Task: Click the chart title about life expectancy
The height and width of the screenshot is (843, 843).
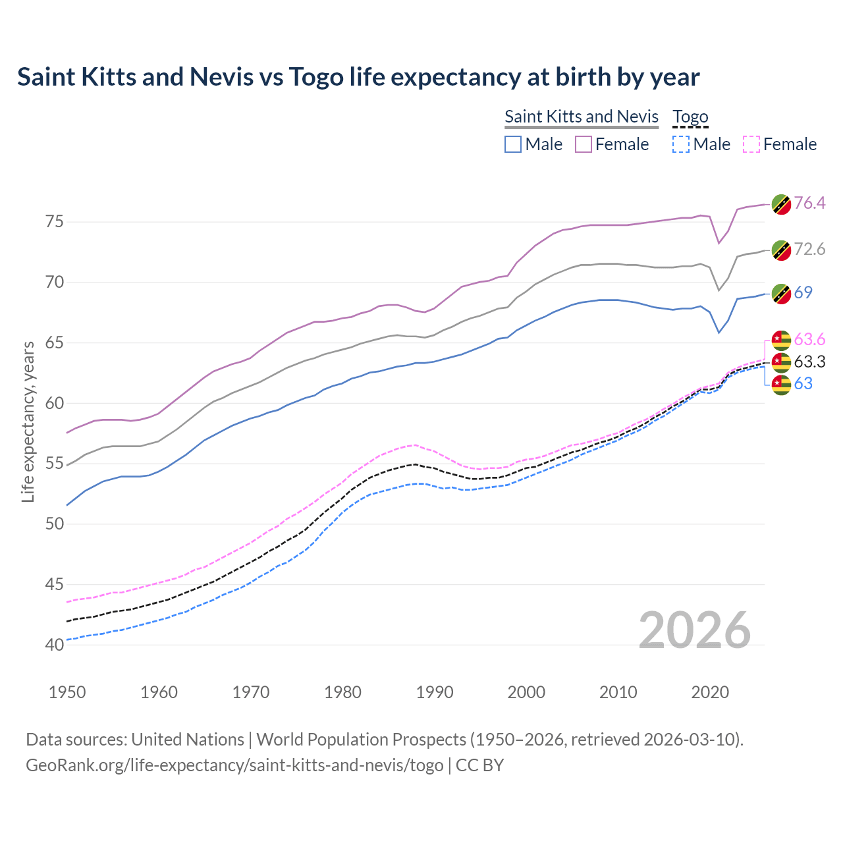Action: (358, 77)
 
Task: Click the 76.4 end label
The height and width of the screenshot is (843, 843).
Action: (809, 203)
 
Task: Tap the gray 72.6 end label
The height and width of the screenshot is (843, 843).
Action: (809, 249)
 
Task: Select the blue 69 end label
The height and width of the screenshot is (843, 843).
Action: (803, 292)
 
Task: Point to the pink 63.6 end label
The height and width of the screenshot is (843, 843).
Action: (809, 339)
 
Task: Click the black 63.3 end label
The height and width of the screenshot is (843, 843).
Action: (809, 362)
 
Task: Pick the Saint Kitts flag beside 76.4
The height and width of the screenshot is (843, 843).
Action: (781, 204)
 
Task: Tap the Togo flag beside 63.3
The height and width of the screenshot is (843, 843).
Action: (781, 362)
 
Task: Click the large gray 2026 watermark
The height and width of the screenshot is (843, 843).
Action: (694, 630)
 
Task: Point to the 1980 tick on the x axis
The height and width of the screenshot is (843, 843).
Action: (342, 692)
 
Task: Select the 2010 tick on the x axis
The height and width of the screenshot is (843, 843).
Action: (618, 692)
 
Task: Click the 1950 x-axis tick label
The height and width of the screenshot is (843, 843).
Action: (67, 692)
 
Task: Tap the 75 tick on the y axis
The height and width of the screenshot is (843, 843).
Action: (55, 222)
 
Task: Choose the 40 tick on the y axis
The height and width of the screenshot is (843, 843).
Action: (55, 645)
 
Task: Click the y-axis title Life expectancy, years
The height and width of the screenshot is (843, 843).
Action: (28, 421)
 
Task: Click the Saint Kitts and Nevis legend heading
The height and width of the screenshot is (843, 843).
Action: (582, 117)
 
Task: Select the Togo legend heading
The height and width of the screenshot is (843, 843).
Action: (690, 117)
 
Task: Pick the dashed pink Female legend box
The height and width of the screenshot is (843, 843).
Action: (751, 144)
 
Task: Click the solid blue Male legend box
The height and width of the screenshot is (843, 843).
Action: (513, 144)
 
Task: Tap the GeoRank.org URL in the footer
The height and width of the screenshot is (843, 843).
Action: (234, 765)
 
